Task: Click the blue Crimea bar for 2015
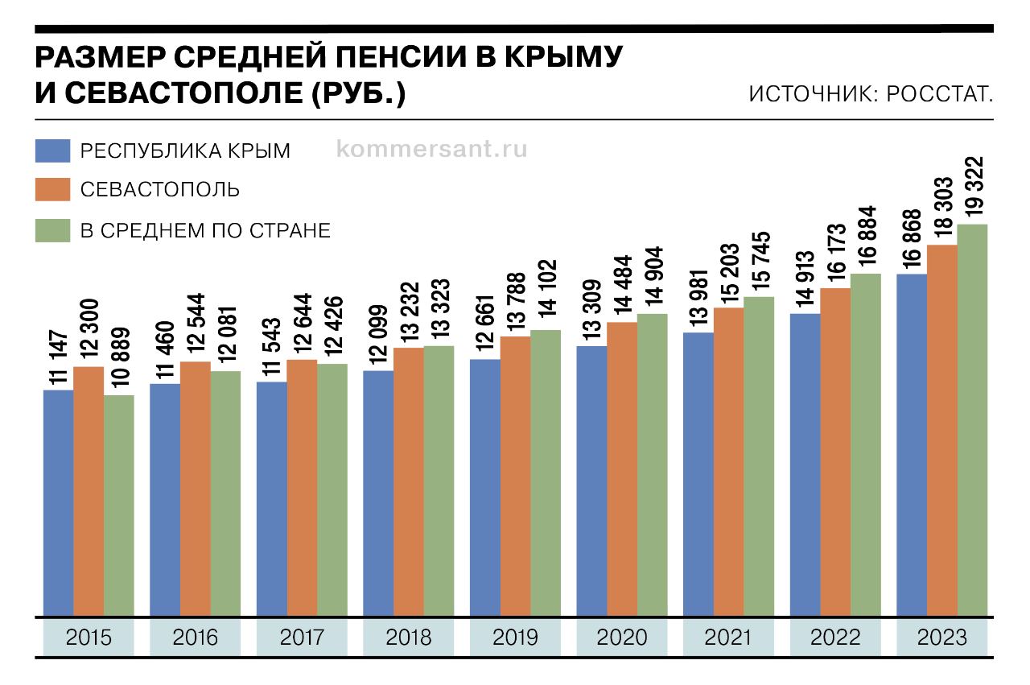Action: point(59,503)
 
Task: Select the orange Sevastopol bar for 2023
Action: point(942,431)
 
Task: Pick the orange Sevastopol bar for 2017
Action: point(302,488)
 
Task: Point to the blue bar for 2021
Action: point(698,475)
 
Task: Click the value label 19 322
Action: point(974,186)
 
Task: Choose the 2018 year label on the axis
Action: point(409,638)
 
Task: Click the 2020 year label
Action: point(622,638)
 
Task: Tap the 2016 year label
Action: point(196,638)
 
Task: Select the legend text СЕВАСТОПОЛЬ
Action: point(159,190)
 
